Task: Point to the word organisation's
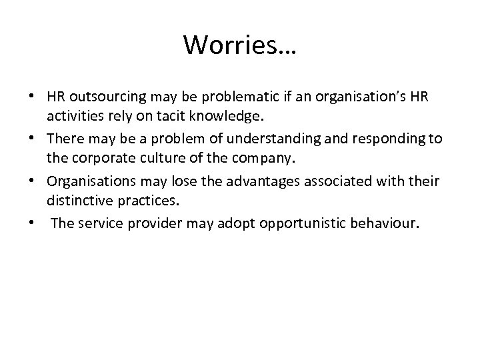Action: coord(349,97)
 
